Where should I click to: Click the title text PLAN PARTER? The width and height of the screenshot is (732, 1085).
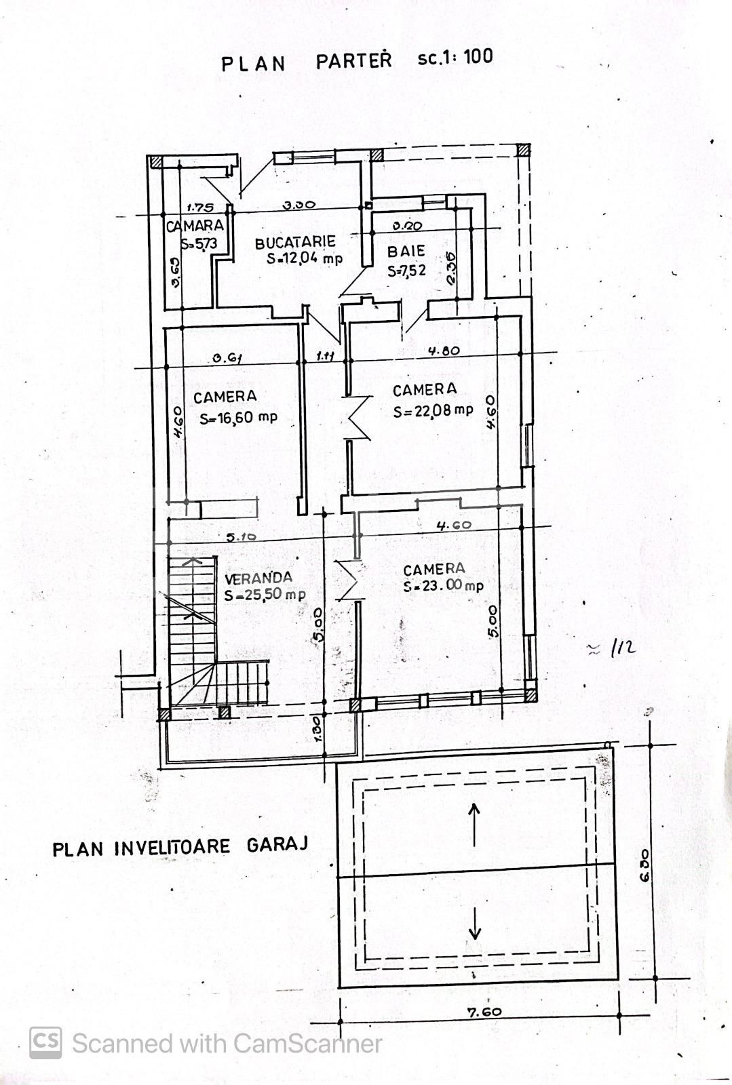[306, 62]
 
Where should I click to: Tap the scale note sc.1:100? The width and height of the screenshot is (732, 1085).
[455, 57]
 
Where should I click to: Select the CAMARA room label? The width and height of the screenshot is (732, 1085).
[195, 226]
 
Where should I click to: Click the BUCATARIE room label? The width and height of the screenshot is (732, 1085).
[295, 242]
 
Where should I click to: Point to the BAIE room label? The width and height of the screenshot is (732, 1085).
[406, 252]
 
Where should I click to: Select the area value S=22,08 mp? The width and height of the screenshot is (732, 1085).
[434, 410]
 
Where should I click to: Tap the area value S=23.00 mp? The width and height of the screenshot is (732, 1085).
[443, 587]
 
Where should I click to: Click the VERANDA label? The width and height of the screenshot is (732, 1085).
[258, 578]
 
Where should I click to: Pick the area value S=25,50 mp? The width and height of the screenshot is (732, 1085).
[265, 595]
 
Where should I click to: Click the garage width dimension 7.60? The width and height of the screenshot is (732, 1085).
[484, 1012]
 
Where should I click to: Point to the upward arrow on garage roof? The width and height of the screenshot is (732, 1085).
[474, 824]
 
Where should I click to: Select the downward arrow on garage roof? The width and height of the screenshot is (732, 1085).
[474, 923]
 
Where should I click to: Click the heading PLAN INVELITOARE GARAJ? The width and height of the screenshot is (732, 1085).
[180, 847]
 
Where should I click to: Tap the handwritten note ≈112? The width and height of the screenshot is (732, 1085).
[612, 648]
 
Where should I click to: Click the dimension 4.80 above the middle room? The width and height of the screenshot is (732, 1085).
[444, 351]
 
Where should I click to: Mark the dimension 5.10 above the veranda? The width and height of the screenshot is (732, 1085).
[240, 537]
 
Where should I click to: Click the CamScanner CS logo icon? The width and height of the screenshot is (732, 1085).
[45, 1042]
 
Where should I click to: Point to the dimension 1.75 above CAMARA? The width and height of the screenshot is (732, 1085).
[199, 208]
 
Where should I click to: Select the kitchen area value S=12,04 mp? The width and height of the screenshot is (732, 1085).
[305, 258]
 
